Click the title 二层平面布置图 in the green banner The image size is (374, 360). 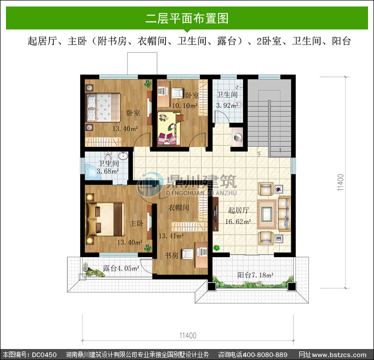pyautogui.click(x=187, y=18)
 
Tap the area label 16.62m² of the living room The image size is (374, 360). pyautogui.click(x=238, y=222)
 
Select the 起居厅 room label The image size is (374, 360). pyautogui.click(x=238, y=210)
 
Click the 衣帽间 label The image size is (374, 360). pyautogui.click(x=179, y=207)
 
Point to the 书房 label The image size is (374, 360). pyautogui.click(x=172, y=255)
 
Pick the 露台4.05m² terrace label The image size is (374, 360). pyautogui.click(x=121, y=268)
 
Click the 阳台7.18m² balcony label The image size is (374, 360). pyautogui.click(x=255, y=275)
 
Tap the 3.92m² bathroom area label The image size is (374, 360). pyautogui.click(x=227, y=105)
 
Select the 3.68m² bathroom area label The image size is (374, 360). pyautogui.click(x=108, y=171)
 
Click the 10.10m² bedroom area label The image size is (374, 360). pyautogui.click(x=185, y=105)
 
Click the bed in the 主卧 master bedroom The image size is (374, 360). pyautogui.click(x=105, y=219)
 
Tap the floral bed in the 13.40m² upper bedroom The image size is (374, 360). pyautogui.click(x=103, y=107)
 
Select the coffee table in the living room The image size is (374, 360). pyautogui.click(x=267, y=214)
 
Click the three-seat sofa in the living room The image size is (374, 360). pyautogui.click(x=284, y=214)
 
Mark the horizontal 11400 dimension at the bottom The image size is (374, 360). pyautogui.click(x=187, y=336)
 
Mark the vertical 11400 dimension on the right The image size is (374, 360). pyautogui.click(x=341, y=182)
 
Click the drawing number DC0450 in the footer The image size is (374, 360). pyautogui.click(x=44, y=355)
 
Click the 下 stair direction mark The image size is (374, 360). pyautogui.click(x=259, y=154)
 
